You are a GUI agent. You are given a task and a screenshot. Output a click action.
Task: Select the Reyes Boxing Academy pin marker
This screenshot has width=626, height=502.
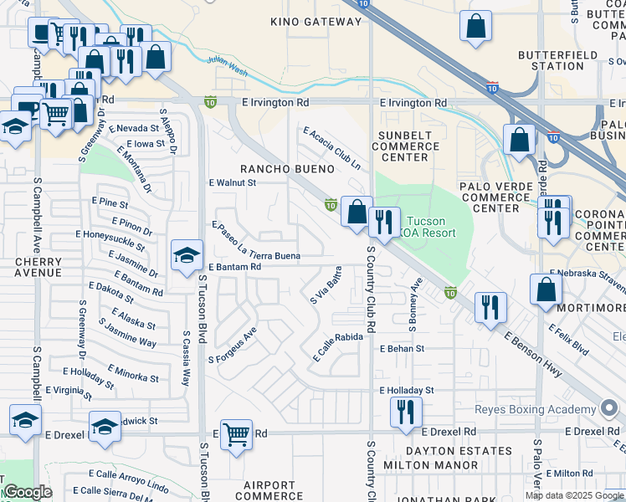click(x=608, y=409)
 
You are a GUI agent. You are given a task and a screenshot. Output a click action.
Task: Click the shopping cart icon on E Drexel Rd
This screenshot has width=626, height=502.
click(x=237, y=433)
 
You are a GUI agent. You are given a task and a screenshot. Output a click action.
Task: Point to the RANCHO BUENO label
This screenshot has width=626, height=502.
click(x=288, y=168)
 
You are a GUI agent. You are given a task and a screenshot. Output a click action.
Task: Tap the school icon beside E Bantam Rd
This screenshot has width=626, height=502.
click(x=187, y=255)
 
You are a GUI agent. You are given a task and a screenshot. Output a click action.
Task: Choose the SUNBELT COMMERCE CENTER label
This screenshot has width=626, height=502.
click(x=406, y=146)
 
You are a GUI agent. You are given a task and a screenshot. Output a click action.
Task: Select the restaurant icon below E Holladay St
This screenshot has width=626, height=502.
click(x=406, y=412)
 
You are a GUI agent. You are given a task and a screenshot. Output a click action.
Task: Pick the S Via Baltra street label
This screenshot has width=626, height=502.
click(x=326, y=284)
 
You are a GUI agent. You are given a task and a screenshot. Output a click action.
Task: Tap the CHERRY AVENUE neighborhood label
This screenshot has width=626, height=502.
click(x=38, y=267)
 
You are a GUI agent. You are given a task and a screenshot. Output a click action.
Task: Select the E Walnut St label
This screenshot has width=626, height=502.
click(x=232, y=182)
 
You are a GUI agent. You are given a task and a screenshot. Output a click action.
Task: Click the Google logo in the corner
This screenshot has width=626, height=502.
click(x=27, y=492)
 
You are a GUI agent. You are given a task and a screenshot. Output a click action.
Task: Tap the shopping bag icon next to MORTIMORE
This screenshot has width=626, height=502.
click(x=546, y=289)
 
